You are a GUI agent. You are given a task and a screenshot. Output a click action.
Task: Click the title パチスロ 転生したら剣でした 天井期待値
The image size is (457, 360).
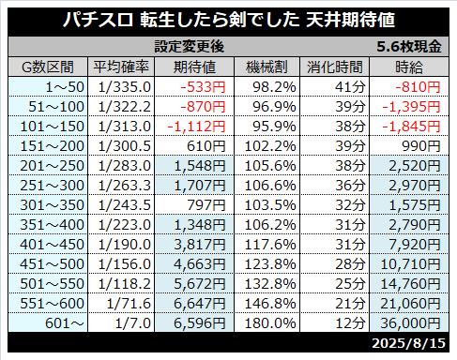pyautogui.click(x=229, y=20)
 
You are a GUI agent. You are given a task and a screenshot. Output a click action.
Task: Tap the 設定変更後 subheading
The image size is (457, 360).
pyautogui.click(x=190, y=47)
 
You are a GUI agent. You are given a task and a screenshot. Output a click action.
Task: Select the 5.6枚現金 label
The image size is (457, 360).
pyautogui.click(x=409, y=47)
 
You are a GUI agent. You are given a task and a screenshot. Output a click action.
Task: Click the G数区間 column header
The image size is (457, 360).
pyautogui.click(x=48, y=67)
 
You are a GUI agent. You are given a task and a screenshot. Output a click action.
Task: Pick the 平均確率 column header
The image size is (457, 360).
pyautogui.click(x=121, y=67)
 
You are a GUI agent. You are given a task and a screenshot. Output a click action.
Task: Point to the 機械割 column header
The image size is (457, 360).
pyautogui.click(x=267, y=67)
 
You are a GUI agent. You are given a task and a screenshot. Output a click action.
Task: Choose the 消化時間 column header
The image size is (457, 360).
pyautogui.click(x=334, y=67)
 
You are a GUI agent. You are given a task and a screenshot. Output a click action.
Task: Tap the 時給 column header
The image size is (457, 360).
pyautogui.click(x=409, y=67)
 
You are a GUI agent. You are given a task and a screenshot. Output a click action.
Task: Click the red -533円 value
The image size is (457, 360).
pyautogui.click(x=203, y=87)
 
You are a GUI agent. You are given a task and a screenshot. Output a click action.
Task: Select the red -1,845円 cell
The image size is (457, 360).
pyautogui.click(x=411, y=127)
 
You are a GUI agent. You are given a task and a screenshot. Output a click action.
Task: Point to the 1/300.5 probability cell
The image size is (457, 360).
pyautogui.click(x=125, y=146)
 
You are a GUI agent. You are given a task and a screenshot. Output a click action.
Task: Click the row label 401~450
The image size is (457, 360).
pyautogui.click(x=53, y=245)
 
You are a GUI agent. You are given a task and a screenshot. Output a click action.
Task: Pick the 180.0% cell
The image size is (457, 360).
pyautogui.click(x=270, y=323)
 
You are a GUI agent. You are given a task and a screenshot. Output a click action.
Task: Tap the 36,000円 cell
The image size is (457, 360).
pyautogui.click(x=410, y=323)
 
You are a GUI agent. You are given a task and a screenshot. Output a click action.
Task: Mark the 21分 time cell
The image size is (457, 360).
pyautogui.click(x=350, y=304)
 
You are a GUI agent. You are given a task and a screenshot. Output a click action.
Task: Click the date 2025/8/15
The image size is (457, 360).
pyautogui.click(x=408, y=343)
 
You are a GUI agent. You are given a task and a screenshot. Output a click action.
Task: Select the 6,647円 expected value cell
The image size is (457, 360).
pyautogui.click(x=200, y=304)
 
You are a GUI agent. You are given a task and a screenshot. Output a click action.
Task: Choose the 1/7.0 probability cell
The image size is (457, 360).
pyautogui.click(x=133, y=323)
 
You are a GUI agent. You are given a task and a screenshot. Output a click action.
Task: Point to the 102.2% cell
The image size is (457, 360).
pyautogui.click(x=270, y=146)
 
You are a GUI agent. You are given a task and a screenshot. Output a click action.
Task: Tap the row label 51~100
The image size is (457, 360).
pyautogui.click(x=56, y=107)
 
